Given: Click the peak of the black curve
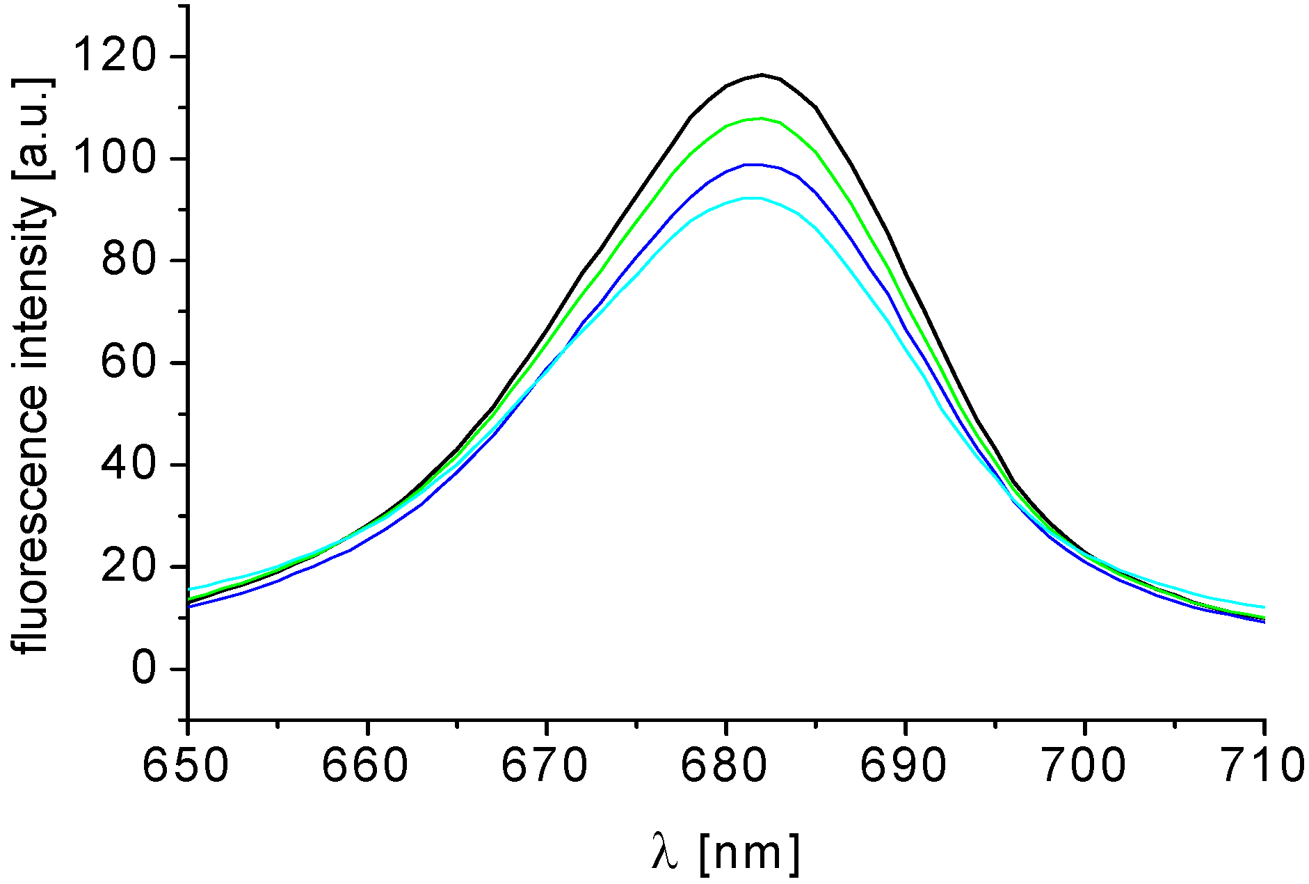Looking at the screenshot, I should [762, 74].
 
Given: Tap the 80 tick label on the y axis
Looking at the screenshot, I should [127, 261].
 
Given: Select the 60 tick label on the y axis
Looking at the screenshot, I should [127, 363].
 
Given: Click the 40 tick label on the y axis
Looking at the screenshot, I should [127, 465].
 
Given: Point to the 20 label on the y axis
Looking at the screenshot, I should [127, 567].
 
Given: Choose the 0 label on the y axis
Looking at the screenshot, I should [142, 669].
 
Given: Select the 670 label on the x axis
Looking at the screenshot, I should [545, 765].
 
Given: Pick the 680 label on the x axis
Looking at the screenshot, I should [724, 765].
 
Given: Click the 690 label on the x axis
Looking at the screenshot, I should [904, 765].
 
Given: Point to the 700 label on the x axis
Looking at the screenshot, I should [1083, 765].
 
